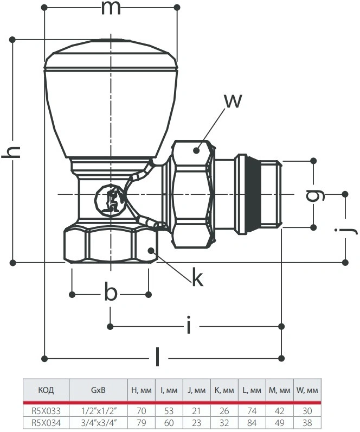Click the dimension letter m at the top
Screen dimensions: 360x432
point(111,8)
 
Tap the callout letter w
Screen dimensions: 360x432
point(233,101)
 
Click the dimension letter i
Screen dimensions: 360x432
point(188,325)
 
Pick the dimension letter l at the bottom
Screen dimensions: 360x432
point(157,357)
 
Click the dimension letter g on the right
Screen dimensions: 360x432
point(315,194)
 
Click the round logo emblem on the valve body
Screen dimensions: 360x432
point(110,199)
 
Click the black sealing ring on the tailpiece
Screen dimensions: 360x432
point(253,194)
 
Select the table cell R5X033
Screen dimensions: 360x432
point(46,411)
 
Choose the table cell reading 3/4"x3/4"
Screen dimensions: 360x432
point(98,423)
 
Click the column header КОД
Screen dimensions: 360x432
point(46,390)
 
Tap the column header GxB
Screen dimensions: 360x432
point(98,390)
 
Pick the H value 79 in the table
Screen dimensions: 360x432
point(141,423)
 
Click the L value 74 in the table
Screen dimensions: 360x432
point(252,411)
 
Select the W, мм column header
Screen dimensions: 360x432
point(307,390)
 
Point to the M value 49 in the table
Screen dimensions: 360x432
point(279,423)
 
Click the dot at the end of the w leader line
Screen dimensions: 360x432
point(196,150)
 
